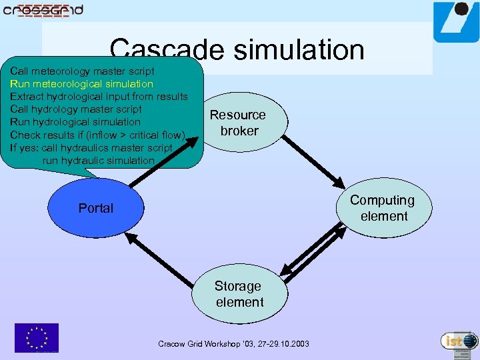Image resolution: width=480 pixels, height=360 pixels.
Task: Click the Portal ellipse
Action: pyautogui.click(x=96, y=208)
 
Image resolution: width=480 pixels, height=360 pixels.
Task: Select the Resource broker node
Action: pyautogui.click(x=239, y=123)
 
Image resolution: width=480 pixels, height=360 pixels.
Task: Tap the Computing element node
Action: pyautogui.click(x=383, y=208)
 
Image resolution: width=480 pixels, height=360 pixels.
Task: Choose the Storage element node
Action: pyautogui.click(x=239, y=294)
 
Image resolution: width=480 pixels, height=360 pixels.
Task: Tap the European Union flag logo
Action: pyautogui.click(x=37, y=337)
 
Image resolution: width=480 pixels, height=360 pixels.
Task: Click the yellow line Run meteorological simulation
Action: pyautogui.click(x=81, y=84)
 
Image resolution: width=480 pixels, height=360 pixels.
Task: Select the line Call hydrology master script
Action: pyautogui.click(x=76, y=109)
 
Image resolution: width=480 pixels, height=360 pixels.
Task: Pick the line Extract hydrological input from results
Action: pyautogui.click(x=99, y=97)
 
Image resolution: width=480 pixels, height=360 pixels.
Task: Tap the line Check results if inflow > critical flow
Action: pyautogui.click(x=97, y=135)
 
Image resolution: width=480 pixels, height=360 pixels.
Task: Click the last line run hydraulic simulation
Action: pyautogui.click(x=98, y=160)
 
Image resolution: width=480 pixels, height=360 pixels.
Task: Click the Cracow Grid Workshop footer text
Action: pyautogui.click(x=233, y=344)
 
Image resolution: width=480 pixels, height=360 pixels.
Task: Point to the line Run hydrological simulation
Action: pyautogui.click(x=75, y=122)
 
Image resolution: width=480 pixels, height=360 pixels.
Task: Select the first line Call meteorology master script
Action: pyautogui.click(x=82, y=71)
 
